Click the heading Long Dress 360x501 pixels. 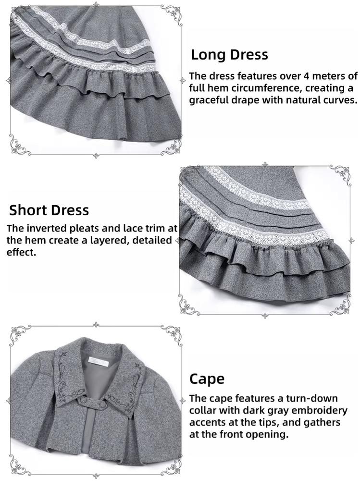pyautogui.click(x=229, y=54)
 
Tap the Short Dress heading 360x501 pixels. pyautogui.click(x=49, y=210)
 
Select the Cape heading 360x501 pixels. pyautogui.click(x=207, y=379)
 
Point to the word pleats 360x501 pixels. pyautogui.click(x=82, y=228)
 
